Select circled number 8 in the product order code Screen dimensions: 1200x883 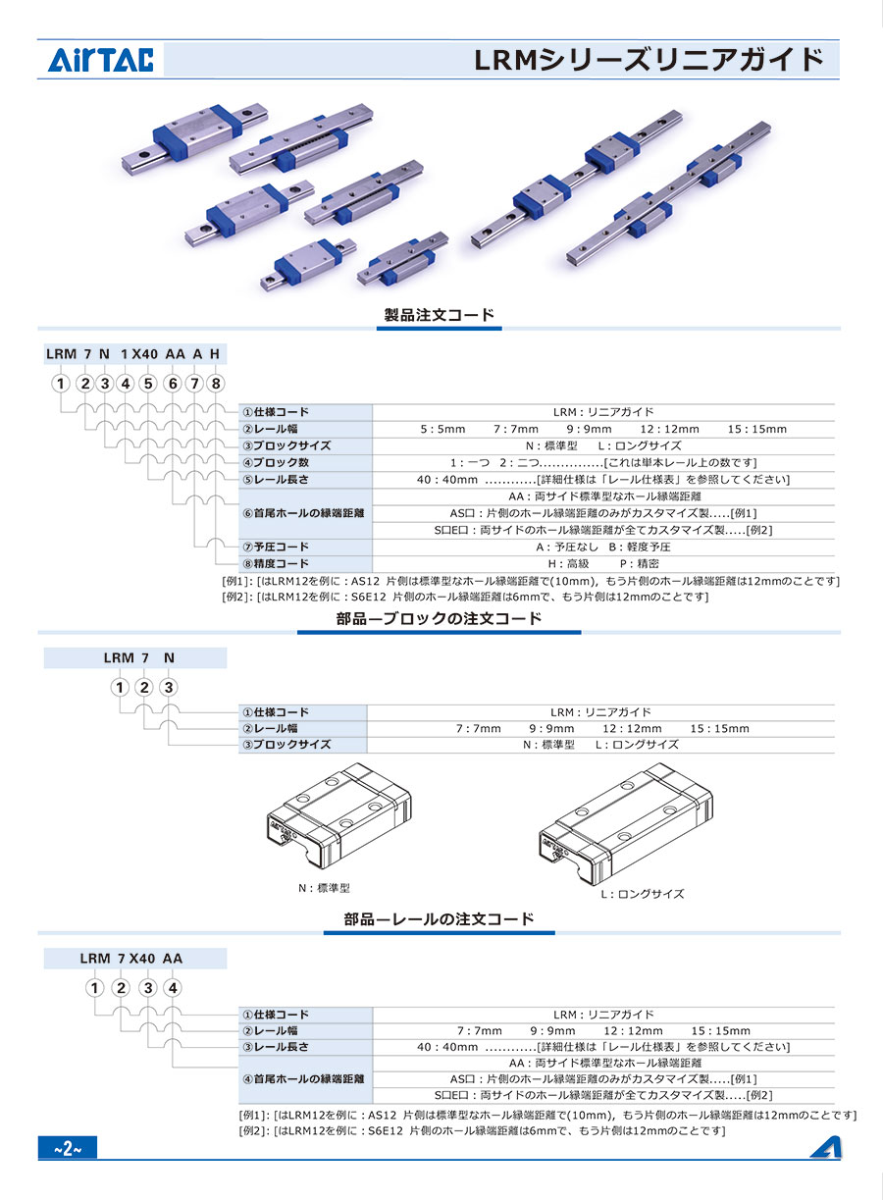[x=216, y=384]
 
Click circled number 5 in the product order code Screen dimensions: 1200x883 [x=148, y=384]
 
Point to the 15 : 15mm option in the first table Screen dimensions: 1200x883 [x=757, y=429]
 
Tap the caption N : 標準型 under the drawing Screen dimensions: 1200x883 [x=325, y=887]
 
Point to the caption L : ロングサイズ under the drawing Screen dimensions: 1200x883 [x=643, y=894]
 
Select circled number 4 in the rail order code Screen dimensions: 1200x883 [x=173, y=988]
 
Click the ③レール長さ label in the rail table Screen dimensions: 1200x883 [x=276, y=1047]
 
